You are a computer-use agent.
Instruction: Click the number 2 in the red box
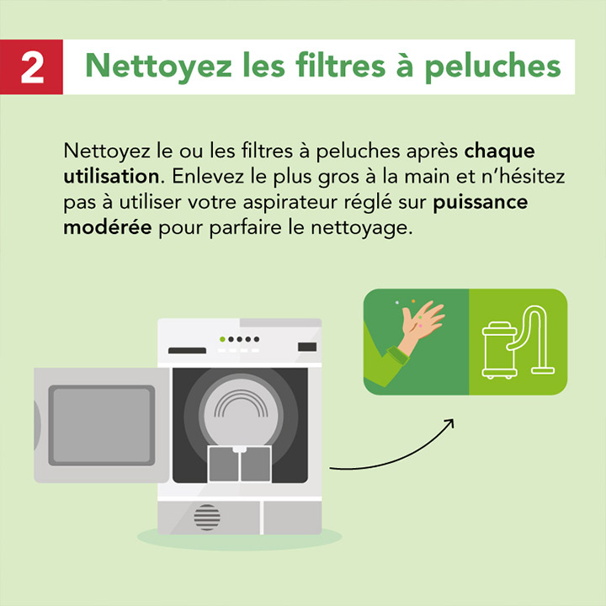tap(32, 67)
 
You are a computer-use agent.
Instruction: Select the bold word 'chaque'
tap(500, 153)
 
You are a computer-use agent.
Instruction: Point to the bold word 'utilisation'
tap(107, 178)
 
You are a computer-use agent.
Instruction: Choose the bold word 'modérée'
tap(108, 229)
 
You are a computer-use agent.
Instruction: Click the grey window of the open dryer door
tap(101, 425)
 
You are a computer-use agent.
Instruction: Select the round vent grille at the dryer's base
tap(207, 517)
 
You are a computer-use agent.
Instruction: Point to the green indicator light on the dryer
tap(221, 339)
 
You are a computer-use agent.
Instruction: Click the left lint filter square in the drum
tap(223, 464)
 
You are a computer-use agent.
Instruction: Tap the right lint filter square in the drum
tap(255, 464)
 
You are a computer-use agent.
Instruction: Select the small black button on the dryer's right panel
tap(307, 347)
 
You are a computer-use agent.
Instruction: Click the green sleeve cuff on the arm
tap(395, 356)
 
